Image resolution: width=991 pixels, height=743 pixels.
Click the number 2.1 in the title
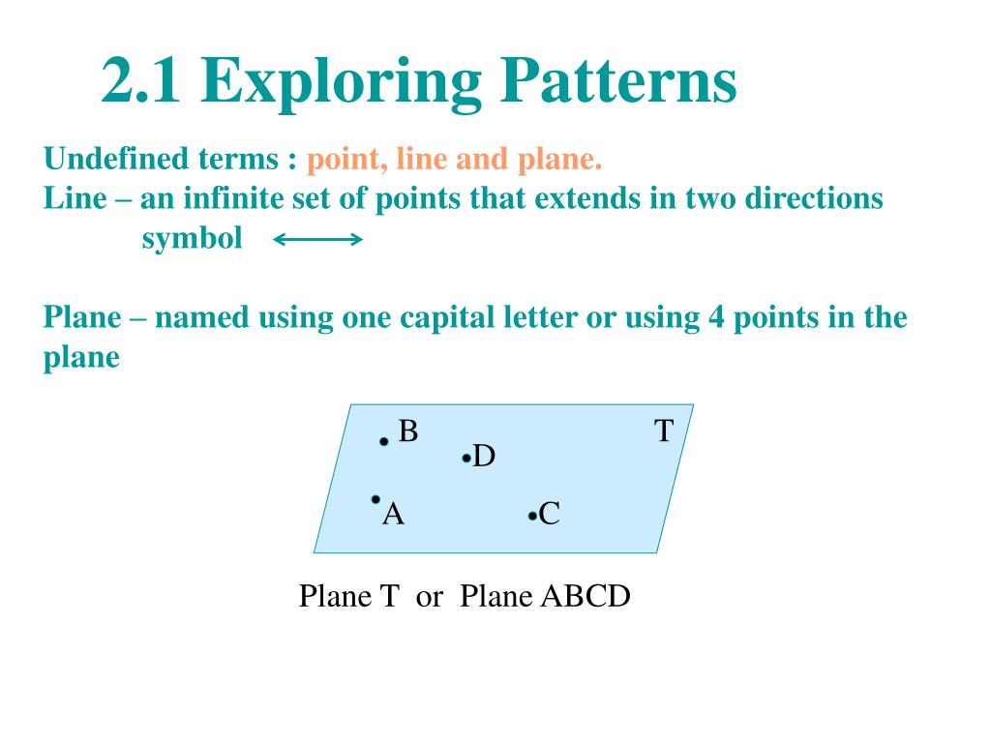point(140,80)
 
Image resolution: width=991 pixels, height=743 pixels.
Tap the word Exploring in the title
point(341,84)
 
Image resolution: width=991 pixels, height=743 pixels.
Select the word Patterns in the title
point(618,80)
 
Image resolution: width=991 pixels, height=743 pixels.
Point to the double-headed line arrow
point(317,240)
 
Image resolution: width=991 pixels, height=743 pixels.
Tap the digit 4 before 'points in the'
point(716,317)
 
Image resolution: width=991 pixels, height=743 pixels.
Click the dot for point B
point(383,441)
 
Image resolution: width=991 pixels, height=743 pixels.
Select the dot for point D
point(466,458)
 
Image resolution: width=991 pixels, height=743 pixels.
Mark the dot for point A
point(375,499)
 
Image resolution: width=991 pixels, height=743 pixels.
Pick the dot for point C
point(532,517)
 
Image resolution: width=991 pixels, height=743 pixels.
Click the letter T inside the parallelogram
point(664,431)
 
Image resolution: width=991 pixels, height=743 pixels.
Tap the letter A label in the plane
point(393,514)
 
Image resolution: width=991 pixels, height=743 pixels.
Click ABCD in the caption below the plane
point(586,596)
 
